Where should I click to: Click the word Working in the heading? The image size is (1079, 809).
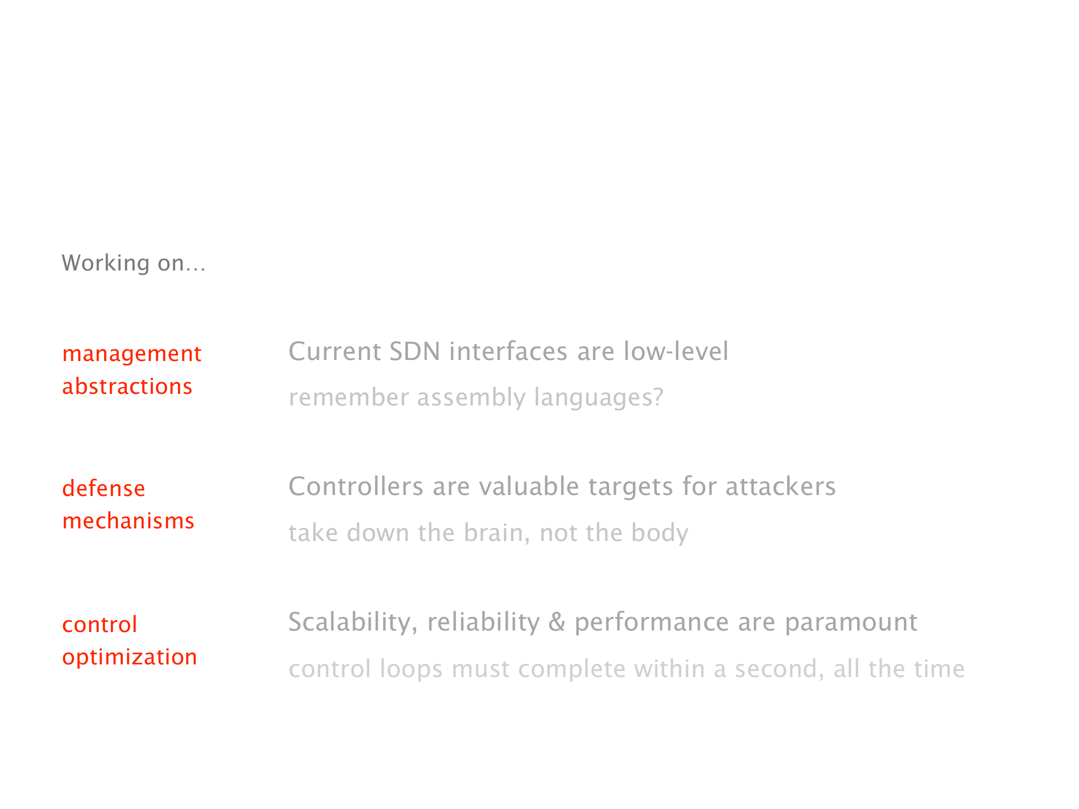tap(106, 263)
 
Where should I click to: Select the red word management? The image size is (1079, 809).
tap(132, 353)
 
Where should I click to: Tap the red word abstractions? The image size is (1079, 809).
tap(127, 386)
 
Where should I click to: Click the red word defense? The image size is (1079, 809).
tap(104, 488)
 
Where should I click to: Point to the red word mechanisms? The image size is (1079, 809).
tap(128, 521)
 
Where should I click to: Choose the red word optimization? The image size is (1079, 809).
tap(129, 657)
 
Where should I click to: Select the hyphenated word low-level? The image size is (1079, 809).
tap(676, 351)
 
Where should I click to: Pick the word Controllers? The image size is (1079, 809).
tap(356, 486)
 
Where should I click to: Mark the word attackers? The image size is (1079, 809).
tap(781, 486)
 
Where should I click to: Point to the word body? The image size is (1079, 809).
tap(660, 533)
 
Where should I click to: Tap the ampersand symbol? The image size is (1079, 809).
tap(557, 622)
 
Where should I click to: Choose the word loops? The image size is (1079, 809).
tap(411, 669)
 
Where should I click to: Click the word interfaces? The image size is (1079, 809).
tap(508, 351)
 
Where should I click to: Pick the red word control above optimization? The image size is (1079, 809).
tap(100, 624)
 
